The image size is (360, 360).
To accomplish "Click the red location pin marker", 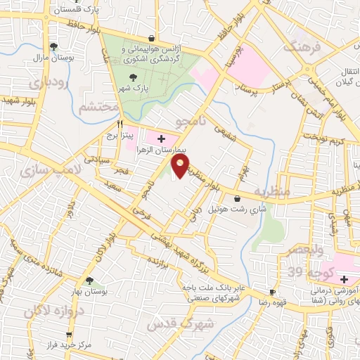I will click(x=181, y=166).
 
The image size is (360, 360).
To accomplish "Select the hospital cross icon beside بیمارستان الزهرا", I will click(x=162, y=138).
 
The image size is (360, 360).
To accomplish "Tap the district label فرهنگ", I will click(x=302, y=48).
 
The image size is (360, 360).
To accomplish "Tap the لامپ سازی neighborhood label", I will click(x=51, y=170).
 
